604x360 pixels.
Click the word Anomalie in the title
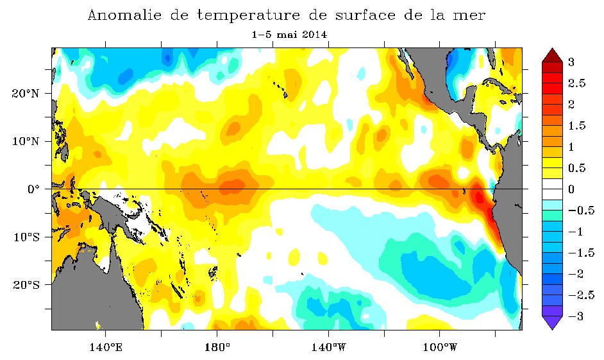121,15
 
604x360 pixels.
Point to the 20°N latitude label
27,94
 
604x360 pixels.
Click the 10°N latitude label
27,141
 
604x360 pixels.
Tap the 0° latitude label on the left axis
33,189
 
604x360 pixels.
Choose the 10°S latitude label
27,237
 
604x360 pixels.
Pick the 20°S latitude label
27,284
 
